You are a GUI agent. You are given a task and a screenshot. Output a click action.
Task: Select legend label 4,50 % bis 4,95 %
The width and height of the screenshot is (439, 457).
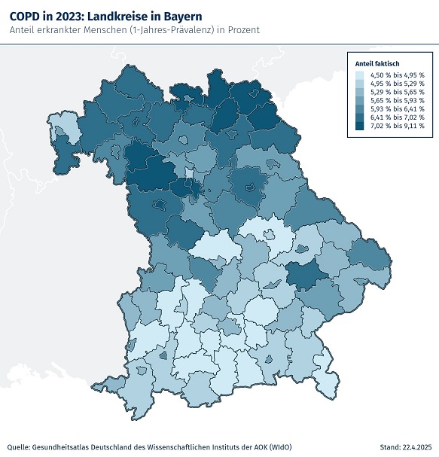(397, 75)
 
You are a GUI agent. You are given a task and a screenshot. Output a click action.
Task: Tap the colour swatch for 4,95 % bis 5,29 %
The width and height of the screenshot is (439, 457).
(361, 84)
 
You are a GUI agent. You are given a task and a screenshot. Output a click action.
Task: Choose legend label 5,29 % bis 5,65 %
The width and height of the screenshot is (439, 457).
(397, 92)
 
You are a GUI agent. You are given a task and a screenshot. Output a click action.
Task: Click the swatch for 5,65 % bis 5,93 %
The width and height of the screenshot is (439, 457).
(361, 100)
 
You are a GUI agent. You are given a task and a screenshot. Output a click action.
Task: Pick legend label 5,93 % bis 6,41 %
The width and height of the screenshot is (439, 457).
(397, 108)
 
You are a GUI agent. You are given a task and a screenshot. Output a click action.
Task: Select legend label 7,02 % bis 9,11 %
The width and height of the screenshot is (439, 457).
(397, 126)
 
